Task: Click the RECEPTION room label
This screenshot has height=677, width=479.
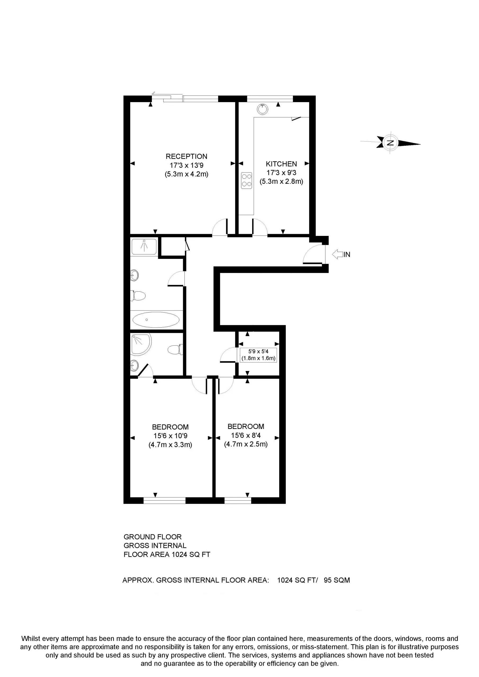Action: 186,156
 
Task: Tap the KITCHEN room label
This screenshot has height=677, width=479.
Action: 281,164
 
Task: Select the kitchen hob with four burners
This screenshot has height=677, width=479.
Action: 246,180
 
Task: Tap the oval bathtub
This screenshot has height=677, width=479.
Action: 156,320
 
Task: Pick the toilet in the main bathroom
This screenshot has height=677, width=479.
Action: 139,296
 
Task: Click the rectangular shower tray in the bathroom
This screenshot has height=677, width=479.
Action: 144,246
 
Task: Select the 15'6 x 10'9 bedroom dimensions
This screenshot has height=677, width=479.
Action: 170,436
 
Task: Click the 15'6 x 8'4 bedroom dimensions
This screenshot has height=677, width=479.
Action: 246,435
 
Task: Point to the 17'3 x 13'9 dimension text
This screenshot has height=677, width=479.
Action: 186,166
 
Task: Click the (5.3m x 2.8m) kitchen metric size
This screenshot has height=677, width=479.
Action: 281,182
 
